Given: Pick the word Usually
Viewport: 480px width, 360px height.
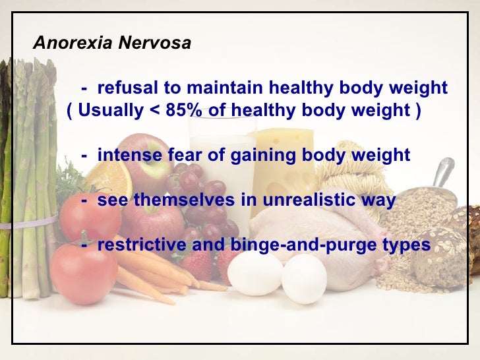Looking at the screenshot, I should click(x=106, y=110).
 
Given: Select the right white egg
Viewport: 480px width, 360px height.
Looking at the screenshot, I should click(x=304, y=278).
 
